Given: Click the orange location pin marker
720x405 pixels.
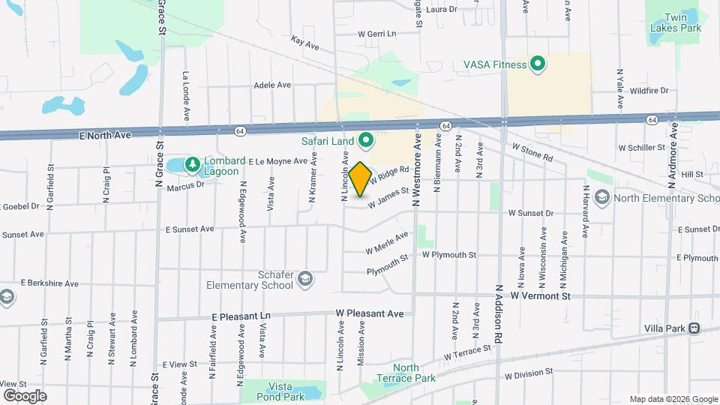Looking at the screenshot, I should tap(361, 178).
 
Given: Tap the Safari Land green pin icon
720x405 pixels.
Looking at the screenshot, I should tap(366, 139).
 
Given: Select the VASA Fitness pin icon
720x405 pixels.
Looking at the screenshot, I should tap(537, 64).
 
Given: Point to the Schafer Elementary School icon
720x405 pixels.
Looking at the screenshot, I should tap(305, 280).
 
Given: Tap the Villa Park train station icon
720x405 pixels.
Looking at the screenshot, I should tap(694, 328).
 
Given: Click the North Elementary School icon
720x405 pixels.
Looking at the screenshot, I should tap(601, 197).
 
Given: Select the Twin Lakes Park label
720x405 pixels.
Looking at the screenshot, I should tap(676, 22).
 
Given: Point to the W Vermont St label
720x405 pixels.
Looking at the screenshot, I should tap(540, 296).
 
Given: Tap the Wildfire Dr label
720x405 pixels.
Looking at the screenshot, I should tap(649, 91).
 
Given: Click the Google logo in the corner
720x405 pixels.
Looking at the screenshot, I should tap(24, 395).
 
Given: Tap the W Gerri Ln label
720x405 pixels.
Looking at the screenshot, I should tap(376, 34).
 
